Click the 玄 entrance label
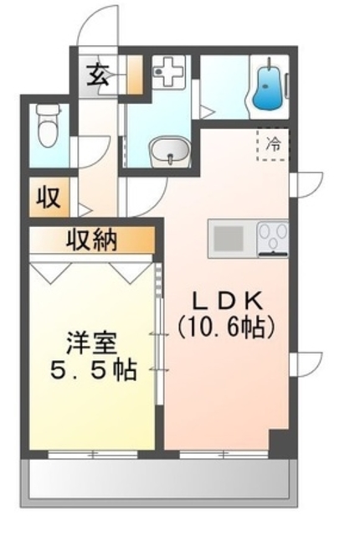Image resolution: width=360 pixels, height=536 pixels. (x=97, y=76)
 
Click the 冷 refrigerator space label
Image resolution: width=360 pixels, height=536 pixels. (x=273, y=143)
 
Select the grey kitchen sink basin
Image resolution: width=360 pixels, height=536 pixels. (x=229, y=239)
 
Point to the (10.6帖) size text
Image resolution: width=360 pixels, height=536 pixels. (x=225, y=326)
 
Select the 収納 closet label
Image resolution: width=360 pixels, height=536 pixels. (x=92, y=241)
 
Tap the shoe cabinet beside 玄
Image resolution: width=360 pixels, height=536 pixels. (x=135, y=75)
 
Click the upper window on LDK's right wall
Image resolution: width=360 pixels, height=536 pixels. (x=308, y=183)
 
